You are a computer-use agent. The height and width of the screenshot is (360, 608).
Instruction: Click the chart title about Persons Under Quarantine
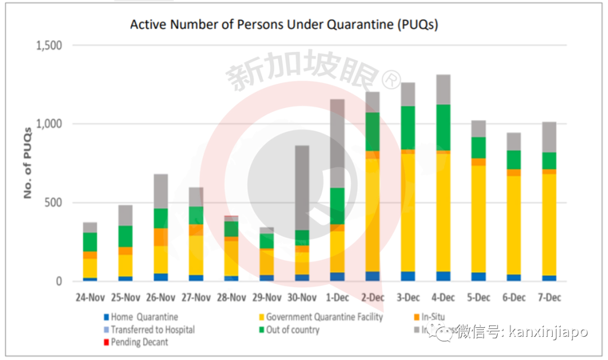point(284,25)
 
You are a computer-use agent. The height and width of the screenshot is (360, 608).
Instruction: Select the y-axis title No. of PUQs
point(27,163)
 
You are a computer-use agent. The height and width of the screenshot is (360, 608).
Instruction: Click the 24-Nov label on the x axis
point(90,297)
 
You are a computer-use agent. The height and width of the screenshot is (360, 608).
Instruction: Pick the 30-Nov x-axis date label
point(302,297)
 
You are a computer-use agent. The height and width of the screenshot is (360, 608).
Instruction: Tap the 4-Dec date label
point(444,297)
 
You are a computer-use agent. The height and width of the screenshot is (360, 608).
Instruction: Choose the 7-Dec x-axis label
point(549,297)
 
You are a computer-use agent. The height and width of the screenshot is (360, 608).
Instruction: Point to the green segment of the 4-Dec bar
point(444,127)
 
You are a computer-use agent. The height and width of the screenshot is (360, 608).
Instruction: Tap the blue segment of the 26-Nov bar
point(160,277)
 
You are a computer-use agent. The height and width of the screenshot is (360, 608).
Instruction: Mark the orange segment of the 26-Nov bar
point(160,237)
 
